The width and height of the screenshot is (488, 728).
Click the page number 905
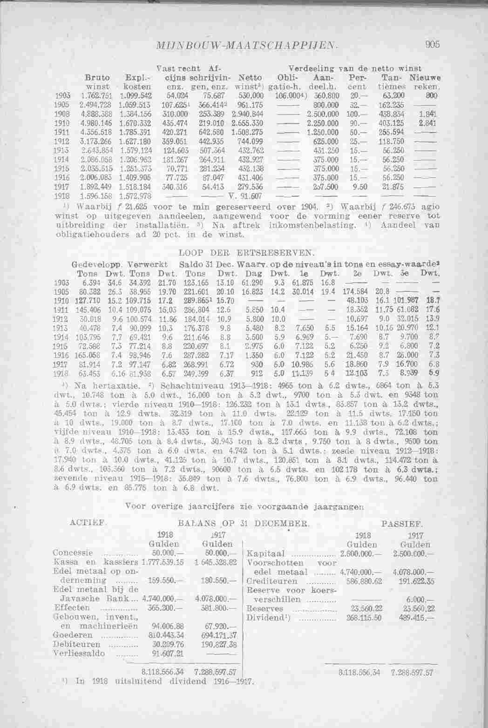pos(432,45)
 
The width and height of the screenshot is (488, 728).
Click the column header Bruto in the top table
pos(97,77)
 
